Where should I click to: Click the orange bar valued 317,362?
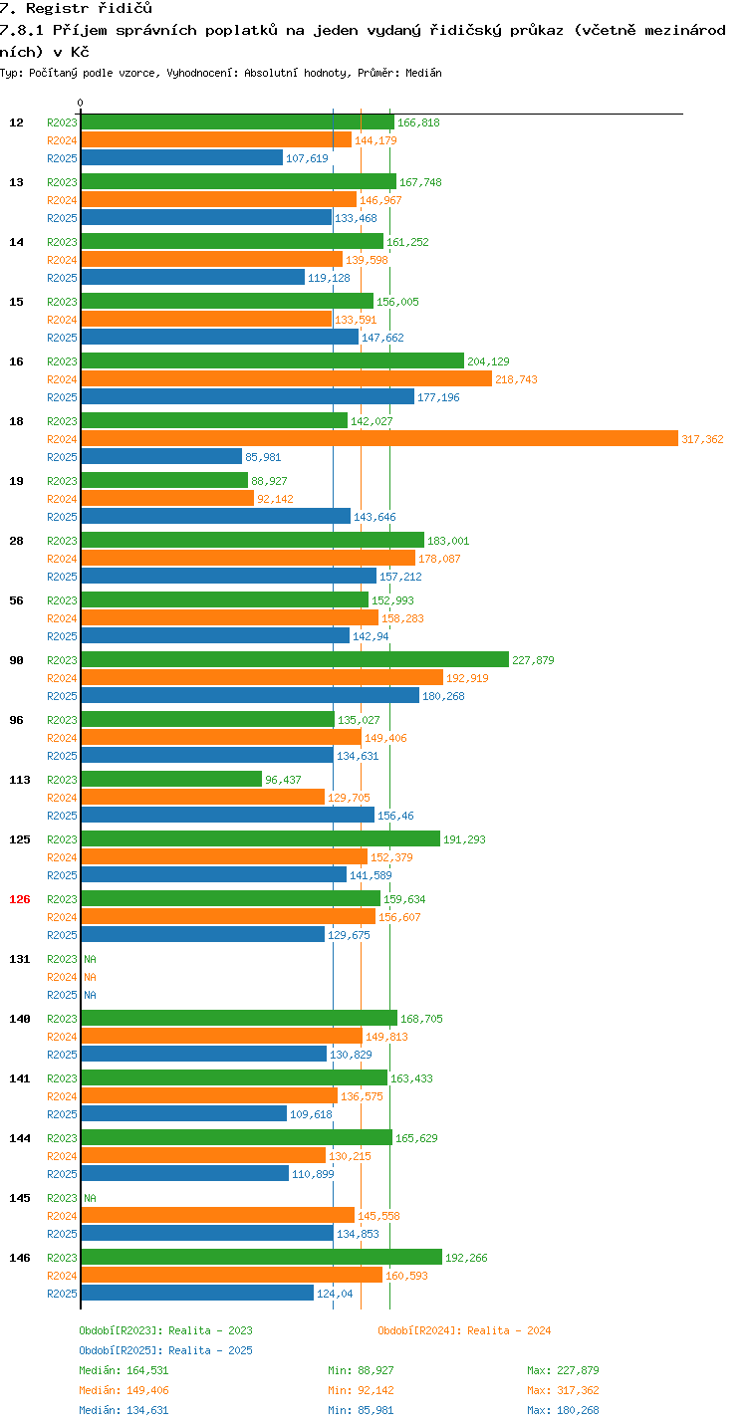(379, 438)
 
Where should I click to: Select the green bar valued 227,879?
(295, 660)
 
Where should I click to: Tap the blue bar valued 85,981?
(162, 456)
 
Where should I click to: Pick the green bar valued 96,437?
(171, 779)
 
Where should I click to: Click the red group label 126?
(20, 899)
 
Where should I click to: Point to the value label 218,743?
(516, 379)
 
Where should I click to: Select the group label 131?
(20, 959)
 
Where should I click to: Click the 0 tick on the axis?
(81, 103)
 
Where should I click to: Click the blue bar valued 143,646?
(216, 517)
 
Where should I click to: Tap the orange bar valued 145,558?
(218, 1215)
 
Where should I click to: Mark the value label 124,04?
(335, 1294)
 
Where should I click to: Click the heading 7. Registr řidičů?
(76, 8)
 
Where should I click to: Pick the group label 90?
(17, 660)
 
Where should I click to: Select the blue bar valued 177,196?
(248, 396)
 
